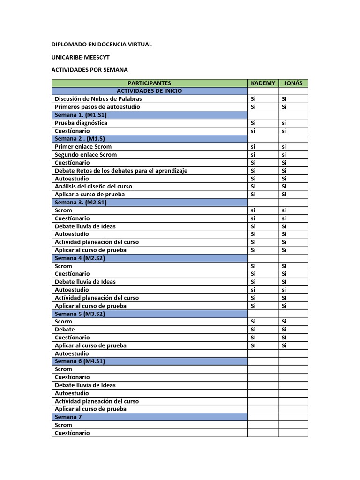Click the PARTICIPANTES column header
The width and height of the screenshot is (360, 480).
tap(150, 83)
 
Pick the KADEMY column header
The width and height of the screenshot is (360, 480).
tap(263, 83)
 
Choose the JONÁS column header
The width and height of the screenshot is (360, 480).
tap(293, 83)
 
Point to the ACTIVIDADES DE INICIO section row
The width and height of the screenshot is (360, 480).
tap(150, 91)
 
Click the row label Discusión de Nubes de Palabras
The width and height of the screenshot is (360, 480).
tap(98, 99)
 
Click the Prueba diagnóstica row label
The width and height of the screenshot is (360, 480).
tap(81, 123)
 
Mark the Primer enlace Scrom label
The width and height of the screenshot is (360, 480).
tap(83, 147)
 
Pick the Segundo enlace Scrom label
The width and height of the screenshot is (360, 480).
tap(86, 155)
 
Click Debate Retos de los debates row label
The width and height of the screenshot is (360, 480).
tap(121, 171)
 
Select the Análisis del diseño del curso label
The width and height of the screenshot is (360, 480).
tap(96, 187)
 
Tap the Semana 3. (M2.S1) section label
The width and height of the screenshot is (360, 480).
tap(81, 202)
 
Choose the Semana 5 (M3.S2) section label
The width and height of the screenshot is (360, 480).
tap(80, 314)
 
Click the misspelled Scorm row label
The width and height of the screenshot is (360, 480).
tap(63, 322)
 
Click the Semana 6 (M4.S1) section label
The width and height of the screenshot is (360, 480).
tap(80, 361)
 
